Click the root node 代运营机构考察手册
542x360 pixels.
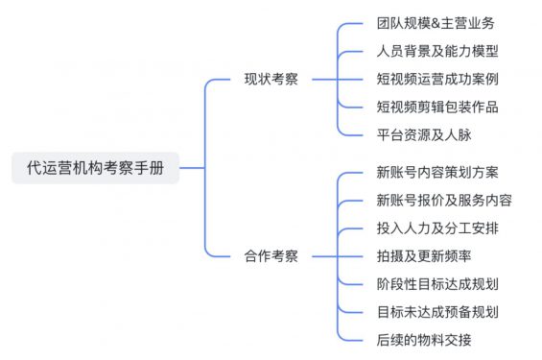pos(95,167)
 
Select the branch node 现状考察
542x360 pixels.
pos(271,79)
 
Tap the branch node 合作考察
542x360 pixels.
pos(271,255)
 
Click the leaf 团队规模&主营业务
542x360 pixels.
pos(436,23)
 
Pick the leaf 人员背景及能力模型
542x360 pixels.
pos(437,51)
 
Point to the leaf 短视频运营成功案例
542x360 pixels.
pos(437,79)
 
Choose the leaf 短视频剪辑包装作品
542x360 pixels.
pos(437,107)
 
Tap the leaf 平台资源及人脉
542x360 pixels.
pos(423,134)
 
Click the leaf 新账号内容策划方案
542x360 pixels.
pos(437,173)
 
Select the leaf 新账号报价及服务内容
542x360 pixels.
pos(444,201)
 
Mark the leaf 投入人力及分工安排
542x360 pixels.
pos(437,228)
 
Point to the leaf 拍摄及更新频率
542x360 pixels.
pos(423,255)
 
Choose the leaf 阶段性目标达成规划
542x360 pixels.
pos(437,283)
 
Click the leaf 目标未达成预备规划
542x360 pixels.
pos(437,311)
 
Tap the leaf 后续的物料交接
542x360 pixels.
pos(423,339)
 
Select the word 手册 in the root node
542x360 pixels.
pos(150,167)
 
